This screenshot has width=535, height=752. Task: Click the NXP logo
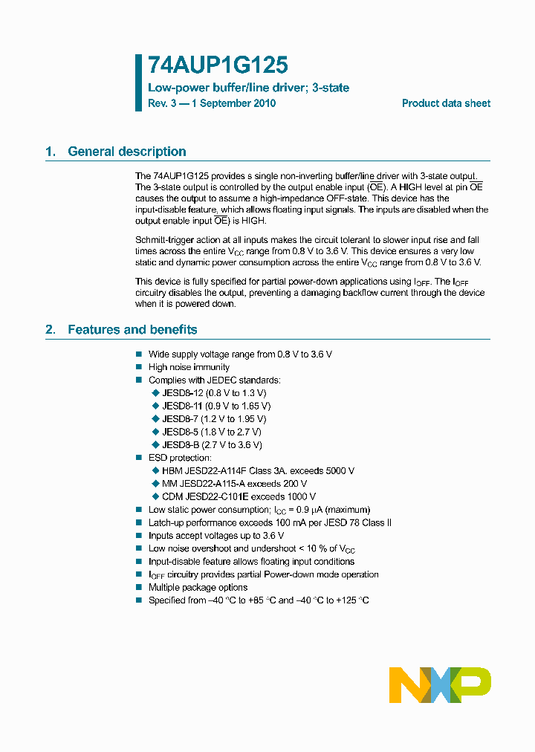[x=440, y=684]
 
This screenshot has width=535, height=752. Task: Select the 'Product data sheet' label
[x=446, y=103]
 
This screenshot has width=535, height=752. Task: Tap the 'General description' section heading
[x=126, y=152]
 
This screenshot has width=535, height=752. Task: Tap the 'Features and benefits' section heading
[x=132, y=330]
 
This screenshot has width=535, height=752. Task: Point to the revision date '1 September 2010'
[x=233, y=103]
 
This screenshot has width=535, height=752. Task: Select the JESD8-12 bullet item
[x=214, y=393]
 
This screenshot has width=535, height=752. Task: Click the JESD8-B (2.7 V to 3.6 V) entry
[x=212, y=445]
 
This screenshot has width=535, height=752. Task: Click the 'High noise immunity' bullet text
[x=189, y=367]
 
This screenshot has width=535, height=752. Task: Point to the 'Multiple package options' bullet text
[x=198, y=588]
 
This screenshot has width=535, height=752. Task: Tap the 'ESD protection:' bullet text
[x=180, y=458]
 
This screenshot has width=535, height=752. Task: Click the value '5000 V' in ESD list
[x=339, y=471]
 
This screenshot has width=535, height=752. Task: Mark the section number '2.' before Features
[x=51, y=330]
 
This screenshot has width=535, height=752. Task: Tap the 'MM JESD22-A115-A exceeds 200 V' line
[x=234, y=484]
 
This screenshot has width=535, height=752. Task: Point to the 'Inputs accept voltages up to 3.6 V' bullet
[x=216, y=536]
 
